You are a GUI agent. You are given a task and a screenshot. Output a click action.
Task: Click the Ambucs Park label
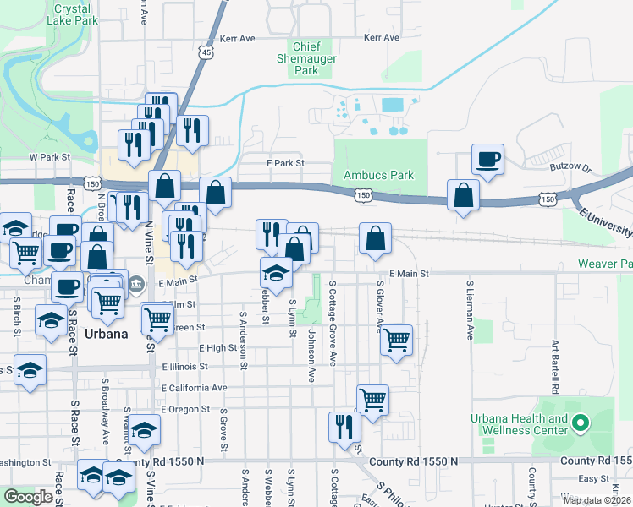[x=378, y=175]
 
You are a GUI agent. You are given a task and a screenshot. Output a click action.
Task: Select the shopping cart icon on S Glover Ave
[x=396, y=340]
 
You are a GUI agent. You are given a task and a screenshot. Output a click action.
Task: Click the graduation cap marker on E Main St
[x=276, y=273]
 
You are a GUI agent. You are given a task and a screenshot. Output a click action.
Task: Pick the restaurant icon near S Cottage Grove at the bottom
[x=344, y=428]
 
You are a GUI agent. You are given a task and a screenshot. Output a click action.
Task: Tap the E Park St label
[x=284, y=162]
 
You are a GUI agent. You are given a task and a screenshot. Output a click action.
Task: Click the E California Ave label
[x=195, y=388]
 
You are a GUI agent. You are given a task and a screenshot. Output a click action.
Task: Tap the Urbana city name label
[x=107, y=334]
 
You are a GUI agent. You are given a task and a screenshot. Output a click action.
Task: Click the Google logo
[x=28, y=497]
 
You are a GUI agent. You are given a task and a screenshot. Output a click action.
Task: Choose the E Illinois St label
[x=185, y=367]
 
